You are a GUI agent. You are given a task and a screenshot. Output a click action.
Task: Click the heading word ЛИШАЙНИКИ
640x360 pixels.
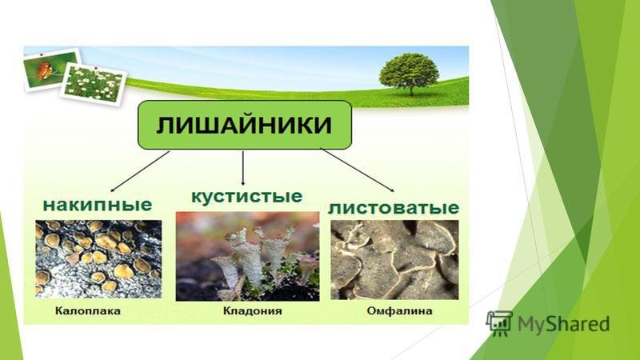coord(244,125)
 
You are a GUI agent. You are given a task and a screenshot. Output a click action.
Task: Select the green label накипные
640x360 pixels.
coord(98,205)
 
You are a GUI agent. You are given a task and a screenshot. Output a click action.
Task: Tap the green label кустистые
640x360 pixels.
coord(247,196)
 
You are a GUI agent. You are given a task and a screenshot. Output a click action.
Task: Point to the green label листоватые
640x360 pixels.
coord(394,207)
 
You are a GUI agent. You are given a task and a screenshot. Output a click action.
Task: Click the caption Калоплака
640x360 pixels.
coord(88,311)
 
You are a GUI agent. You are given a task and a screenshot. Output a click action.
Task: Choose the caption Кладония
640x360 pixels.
coord(252,311)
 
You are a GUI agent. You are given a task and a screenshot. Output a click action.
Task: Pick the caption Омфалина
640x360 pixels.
coord(399,311)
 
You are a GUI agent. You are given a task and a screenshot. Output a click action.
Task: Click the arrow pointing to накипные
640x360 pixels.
coord(140,171)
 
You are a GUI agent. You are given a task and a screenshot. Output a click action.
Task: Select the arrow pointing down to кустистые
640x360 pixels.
coord(243,168)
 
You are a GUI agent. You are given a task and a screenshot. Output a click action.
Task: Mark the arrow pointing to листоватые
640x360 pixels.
coord(358,170)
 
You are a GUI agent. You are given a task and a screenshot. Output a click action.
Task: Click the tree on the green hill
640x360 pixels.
coord(409,74)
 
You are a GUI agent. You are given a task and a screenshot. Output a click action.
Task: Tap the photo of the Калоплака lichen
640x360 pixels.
coord(98,258)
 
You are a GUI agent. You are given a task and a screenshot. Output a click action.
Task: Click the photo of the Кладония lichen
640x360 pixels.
coord(247,256)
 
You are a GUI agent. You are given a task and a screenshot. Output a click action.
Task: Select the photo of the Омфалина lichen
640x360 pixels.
coord(394,260)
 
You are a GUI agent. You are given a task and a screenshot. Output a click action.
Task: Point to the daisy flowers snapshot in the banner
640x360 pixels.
coord(94,84)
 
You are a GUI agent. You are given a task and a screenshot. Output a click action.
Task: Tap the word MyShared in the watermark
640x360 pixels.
coord(564,324)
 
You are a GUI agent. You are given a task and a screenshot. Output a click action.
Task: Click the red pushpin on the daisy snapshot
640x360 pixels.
coord(95,68)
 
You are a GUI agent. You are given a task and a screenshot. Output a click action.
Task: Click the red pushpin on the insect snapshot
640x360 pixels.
coord(41,54)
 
